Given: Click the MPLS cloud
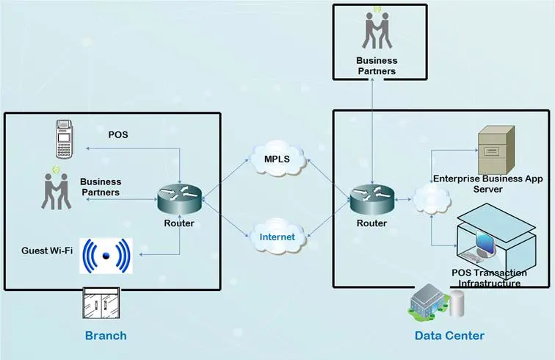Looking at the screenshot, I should point(277,158).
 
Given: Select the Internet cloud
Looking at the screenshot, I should point(277,237).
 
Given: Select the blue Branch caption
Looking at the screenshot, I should point(106,336).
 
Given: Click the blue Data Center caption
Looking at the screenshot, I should point(449,336).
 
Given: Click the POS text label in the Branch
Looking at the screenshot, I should point(118,134).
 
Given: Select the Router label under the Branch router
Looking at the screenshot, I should point(179,223).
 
